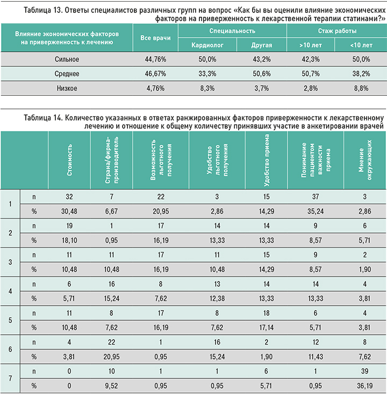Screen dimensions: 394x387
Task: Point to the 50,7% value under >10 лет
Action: pyautogui.click(x=312, y=74)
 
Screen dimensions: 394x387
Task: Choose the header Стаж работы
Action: pyautogui.click(x=336, y=32)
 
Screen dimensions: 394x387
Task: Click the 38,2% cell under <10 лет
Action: pyautogui.click(x=360, y=74)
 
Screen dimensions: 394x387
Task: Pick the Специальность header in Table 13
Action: pyautogui.click(x=232, y=32)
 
